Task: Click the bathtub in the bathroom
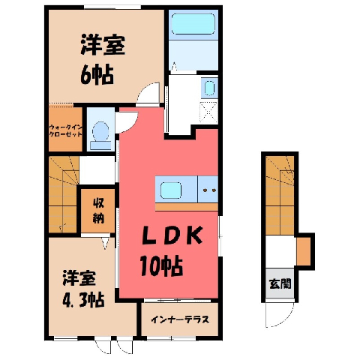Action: coord(193,24)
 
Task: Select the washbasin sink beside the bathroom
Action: coord(209,88)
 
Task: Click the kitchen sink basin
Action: coord(171,190)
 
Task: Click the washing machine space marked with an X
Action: coord(208,112)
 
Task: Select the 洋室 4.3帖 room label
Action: coord(82,288)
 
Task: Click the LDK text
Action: coord(172,235)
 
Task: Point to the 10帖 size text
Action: coord(161,265)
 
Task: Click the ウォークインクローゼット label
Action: coord(65,130)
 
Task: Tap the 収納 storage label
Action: coord(98,211)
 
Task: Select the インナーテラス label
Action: coord(180,319)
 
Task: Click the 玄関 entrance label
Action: coord(280,283)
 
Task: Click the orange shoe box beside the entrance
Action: coord(304,251)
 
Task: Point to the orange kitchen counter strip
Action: coord(187,207)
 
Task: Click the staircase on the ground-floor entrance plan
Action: coord(280,195)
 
